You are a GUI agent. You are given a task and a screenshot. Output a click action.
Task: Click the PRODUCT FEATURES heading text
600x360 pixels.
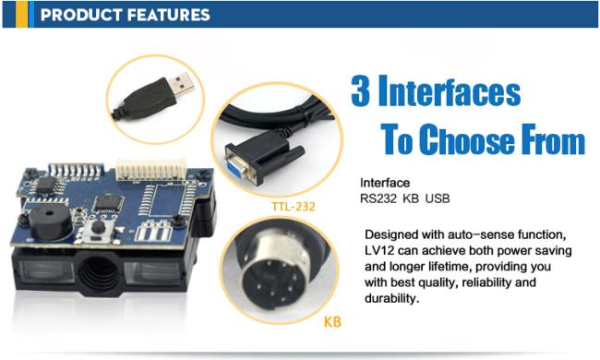(125, 15)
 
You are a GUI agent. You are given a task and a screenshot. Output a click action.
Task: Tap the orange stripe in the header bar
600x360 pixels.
(21, 14)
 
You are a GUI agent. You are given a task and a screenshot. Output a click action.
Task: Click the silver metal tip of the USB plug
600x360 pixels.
(182, 84)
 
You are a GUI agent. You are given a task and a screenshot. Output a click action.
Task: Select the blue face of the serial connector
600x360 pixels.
(234, 167)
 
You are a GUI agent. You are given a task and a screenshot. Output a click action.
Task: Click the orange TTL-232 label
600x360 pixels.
(294, 207)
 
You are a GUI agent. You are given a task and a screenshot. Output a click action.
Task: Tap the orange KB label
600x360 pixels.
(332, 322)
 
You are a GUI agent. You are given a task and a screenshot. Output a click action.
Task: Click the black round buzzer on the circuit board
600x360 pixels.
(50, 222)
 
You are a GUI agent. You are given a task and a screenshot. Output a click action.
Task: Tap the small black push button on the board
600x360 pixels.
(98, 227)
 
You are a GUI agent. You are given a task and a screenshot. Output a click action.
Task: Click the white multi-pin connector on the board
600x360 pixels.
(151, 170)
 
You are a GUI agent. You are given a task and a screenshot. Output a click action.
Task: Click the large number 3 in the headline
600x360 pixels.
(360, 90)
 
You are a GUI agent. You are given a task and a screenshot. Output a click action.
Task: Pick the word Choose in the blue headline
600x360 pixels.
(467, 139)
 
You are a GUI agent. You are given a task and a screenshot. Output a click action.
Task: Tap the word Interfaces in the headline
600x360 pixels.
(450, 90)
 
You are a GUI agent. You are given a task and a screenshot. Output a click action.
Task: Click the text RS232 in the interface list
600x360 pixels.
(378, 198)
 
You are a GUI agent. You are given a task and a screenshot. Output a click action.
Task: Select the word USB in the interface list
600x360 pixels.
(438, 198)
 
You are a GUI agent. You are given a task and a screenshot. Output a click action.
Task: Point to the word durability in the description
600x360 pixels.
(391, 298)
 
